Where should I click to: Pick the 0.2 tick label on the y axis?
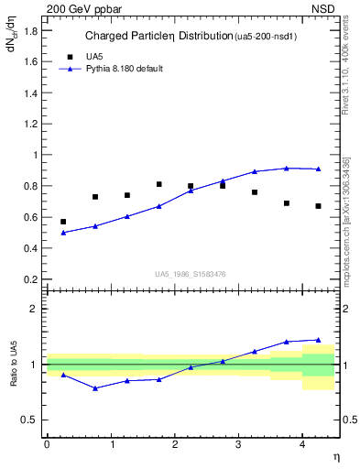point(30,279)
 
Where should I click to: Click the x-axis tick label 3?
point(238,444)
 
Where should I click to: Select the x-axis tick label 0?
point(47,444)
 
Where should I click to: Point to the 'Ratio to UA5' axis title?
point(14,377)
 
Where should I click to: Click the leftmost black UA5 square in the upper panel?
point(63,222)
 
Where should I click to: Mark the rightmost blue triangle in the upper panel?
point(318,169)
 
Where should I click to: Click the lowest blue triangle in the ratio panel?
point(95,387)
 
